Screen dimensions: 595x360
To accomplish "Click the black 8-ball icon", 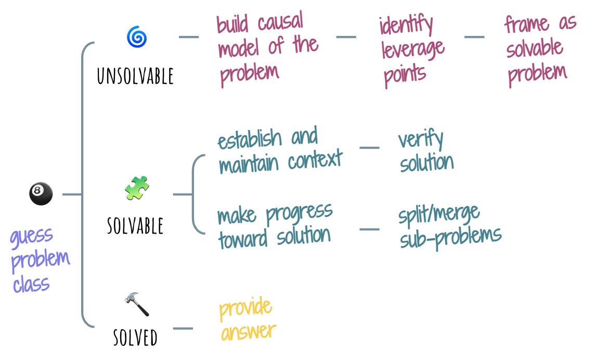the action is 41,194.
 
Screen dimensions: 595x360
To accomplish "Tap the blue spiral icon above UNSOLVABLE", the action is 137,37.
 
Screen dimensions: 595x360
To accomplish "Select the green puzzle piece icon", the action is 137,188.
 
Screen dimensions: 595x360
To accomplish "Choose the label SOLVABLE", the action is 135,225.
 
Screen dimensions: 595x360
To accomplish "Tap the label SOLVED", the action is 135,338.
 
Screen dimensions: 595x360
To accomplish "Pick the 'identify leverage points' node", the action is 411,50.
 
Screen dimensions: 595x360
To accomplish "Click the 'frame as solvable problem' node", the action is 539,50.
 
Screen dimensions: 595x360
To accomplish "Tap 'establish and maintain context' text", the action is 280,151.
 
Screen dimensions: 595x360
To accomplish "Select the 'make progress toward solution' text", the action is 275,226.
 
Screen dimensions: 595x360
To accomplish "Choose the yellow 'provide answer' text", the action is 246,319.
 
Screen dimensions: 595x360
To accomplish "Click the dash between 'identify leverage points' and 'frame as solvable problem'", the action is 474,37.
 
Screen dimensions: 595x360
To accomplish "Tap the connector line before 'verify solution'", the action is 369,148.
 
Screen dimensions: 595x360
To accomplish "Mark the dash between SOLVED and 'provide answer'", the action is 183,328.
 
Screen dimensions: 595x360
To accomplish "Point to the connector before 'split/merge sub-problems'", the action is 369,228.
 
